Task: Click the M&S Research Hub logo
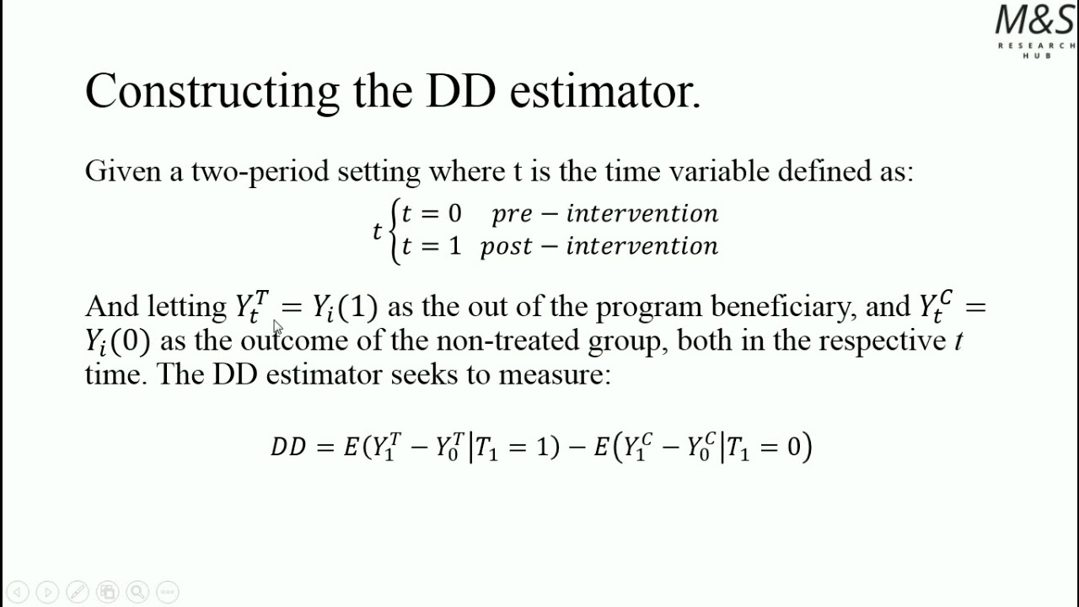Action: click(1035, 30)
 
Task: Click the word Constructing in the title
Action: click(212, 91)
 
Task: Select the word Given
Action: click(123, 172)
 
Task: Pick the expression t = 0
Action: click(432, 214)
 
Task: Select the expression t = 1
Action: click(432, 246)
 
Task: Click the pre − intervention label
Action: click(604, 214)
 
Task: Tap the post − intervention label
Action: click(599, 246)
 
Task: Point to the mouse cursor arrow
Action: click(277, 328)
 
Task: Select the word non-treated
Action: click(507, 341)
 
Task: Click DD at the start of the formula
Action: click(288, 447)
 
